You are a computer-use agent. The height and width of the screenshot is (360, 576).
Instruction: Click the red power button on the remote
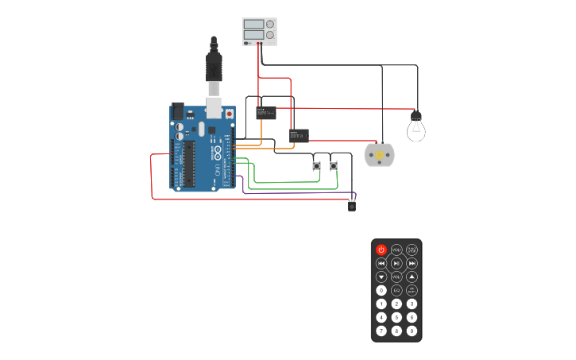tap(381, 250)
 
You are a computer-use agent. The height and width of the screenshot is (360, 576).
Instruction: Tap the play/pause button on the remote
tap(396, 263)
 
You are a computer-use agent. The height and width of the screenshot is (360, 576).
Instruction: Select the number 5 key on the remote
tap(396, 317)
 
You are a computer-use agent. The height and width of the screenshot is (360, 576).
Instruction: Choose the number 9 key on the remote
tap(412, 331)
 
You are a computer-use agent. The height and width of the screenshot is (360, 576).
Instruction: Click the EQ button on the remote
tap(396, 290)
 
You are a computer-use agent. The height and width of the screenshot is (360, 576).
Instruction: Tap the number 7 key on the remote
tap(381, 331)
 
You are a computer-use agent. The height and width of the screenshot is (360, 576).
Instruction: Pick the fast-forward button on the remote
tap(412, 263)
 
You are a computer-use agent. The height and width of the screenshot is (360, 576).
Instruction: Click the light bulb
tap(416, 127)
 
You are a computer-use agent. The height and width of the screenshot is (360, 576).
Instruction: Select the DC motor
tap(379, 154)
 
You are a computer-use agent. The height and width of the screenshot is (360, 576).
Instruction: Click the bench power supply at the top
tap(260, 31)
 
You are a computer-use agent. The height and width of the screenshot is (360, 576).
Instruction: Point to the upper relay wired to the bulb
tap(266, 112)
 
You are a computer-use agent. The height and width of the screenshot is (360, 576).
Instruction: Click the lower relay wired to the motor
tap(299, 136)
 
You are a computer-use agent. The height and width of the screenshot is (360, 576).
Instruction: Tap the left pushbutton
tap(316, 165)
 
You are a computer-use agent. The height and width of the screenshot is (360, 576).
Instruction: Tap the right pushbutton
tap(334, 165)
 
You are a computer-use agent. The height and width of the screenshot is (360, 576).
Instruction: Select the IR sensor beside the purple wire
tap(352, 207)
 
